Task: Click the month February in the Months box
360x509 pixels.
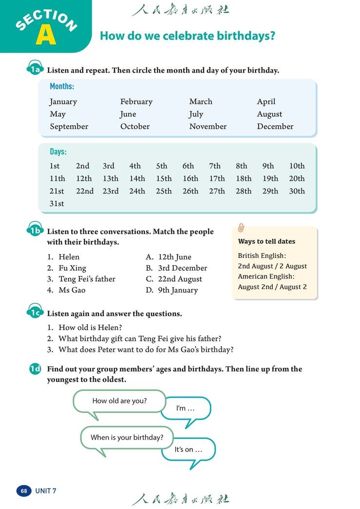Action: [136, 102]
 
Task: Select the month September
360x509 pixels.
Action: [69, 127]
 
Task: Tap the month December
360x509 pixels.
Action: [275, 127]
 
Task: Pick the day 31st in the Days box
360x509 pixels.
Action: [57, 204]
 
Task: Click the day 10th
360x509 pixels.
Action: [297, 166]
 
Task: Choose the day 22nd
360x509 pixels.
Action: [85, 191]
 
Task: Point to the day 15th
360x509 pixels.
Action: [164, 179]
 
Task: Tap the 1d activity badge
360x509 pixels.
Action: [36, 369]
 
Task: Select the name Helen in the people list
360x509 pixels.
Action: [69, 257]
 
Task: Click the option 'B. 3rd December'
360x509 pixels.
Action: [176, 268]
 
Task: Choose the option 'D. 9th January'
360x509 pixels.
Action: [172, 291]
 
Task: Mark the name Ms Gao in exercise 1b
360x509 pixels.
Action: [72, 291]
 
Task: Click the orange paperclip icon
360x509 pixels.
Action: [241, 228]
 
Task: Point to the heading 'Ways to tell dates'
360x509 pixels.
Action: [266, 241]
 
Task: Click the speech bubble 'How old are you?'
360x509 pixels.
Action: [119, 401]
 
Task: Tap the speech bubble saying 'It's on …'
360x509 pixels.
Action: [188, 450]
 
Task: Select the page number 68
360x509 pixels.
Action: [24, 490]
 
